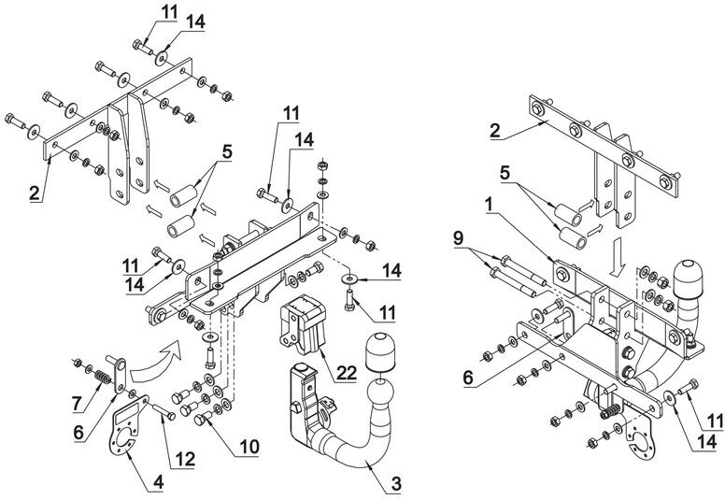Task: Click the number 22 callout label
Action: click(347, 372)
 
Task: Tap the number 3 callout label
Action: click(396, 484)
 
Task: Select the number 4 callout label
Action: click(158, 482)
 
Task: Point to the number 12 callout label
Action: click(184, 459)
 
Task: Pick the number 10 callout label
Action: click(249, 447)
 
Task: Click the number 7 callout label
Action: click(78, 403)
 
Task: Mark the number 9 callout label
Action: click(457, 238)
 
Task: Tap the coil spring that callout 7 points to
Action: click(103, 377)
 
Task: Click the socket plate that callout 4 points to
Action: click(126, 426)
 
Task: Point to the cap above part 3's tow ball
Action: click(380, 351)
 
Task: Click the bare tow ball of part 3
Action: click(380, 394)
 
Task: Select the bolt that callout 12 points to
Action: click(163, 410)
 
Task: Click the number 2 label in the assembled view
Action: click(495, 131)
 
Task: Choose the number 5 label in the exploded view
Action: click(227, 152)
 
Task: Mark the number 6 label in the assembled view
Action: click(468, 378)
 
